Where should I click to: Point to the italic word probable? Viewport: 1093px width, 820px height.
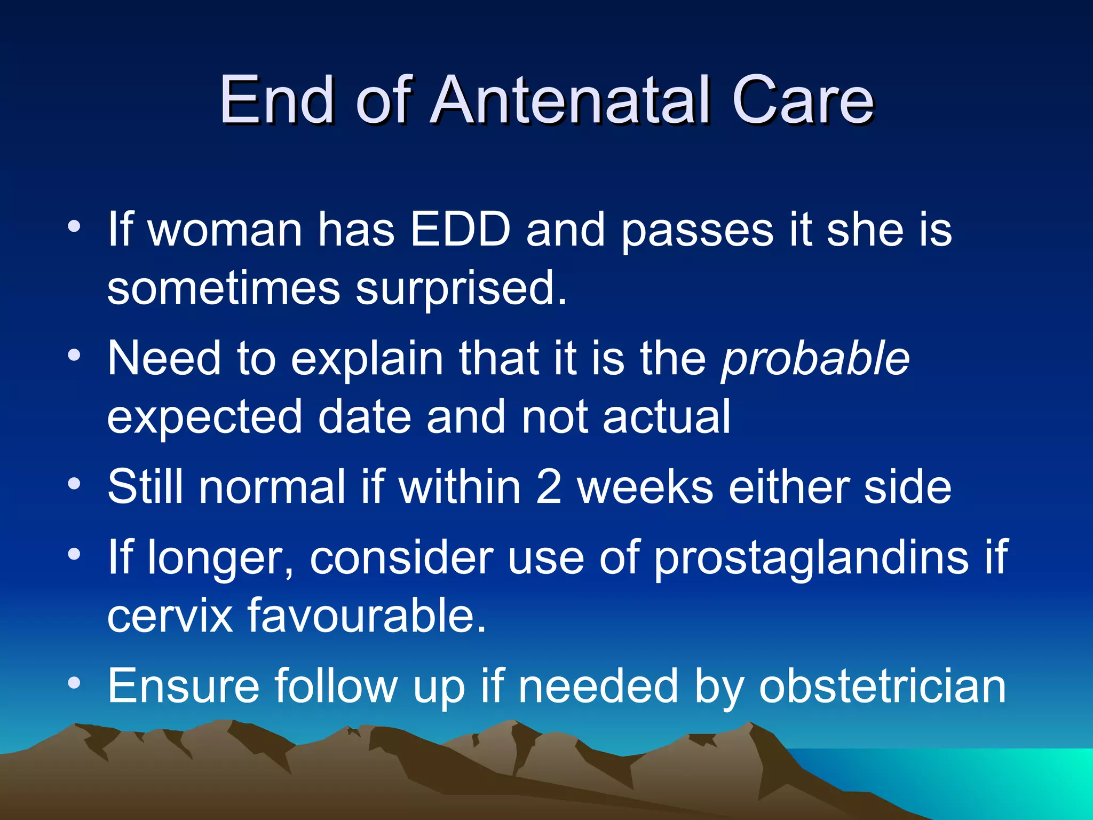815,359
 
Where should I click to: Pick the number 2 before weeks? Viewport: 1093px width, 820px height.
549,486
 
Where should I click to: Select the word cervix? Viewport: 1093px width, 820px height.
170,616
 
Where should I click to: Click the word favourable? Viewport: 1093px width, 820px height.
367,616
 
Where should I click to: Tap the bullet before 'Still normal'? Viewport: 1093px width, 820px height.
74,485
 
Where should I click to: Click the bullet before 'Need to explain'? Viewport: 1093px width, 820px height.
74,356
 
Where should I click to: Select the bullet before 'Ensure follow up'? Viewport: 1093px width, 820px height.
74,683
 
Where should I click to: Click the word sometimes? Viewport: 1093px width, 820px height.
223,288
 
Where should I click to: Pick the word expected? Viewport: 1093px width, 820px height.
204,418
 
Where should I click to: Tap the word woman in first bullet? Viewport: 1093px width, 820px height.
225,231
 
